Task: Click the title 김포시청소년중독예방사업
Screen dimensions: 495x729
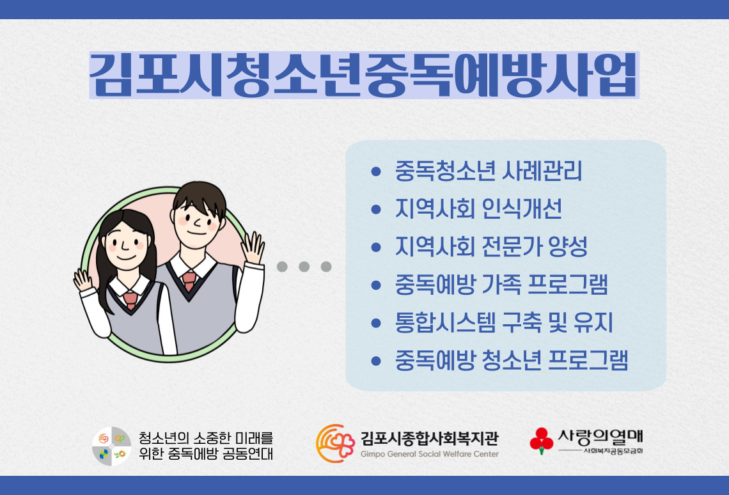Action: (x=364, y=75)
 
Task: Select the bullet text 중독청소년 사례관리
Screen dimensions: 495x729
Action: (x=489, y=171)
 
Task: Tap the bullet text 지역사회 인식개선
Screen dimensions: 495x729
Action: (x=479, y=209)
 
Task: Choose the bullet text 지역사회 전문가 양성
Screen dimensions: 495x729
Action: (x=491, y=247)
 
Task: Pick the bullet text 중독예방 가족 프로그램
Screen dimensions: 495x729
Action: (x=501, y=285)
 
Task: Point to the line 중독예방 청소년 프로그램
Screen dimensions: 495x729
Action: (x=512, y=360)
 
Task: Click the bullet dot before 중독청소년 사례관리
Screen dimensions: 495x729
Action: (x=376, y=172)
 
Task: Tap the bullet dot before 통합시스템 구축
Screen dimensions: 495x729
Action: (x=376, y=323)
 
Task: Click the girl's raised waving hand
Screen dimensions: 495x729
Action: (x=83, y=280)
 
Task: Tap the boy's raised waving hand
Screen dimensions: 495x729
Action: (x=253, y=248)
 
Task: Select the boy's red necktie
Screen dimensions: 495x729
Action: (x=189, y=281)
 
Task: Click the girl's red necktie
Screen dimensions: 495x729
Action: (x=130, y=300)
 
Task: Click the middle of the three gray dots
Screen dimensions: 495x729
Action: (x=304, y=267)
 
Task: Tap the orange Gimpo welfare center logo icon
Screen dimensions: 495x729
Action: (x=334, y=443)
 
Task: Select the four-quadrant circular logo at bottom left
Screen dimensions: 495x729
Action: (x=111, y=445)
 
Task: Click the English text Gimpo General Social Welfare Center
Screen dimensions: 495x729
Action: (x=429, y=454)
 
